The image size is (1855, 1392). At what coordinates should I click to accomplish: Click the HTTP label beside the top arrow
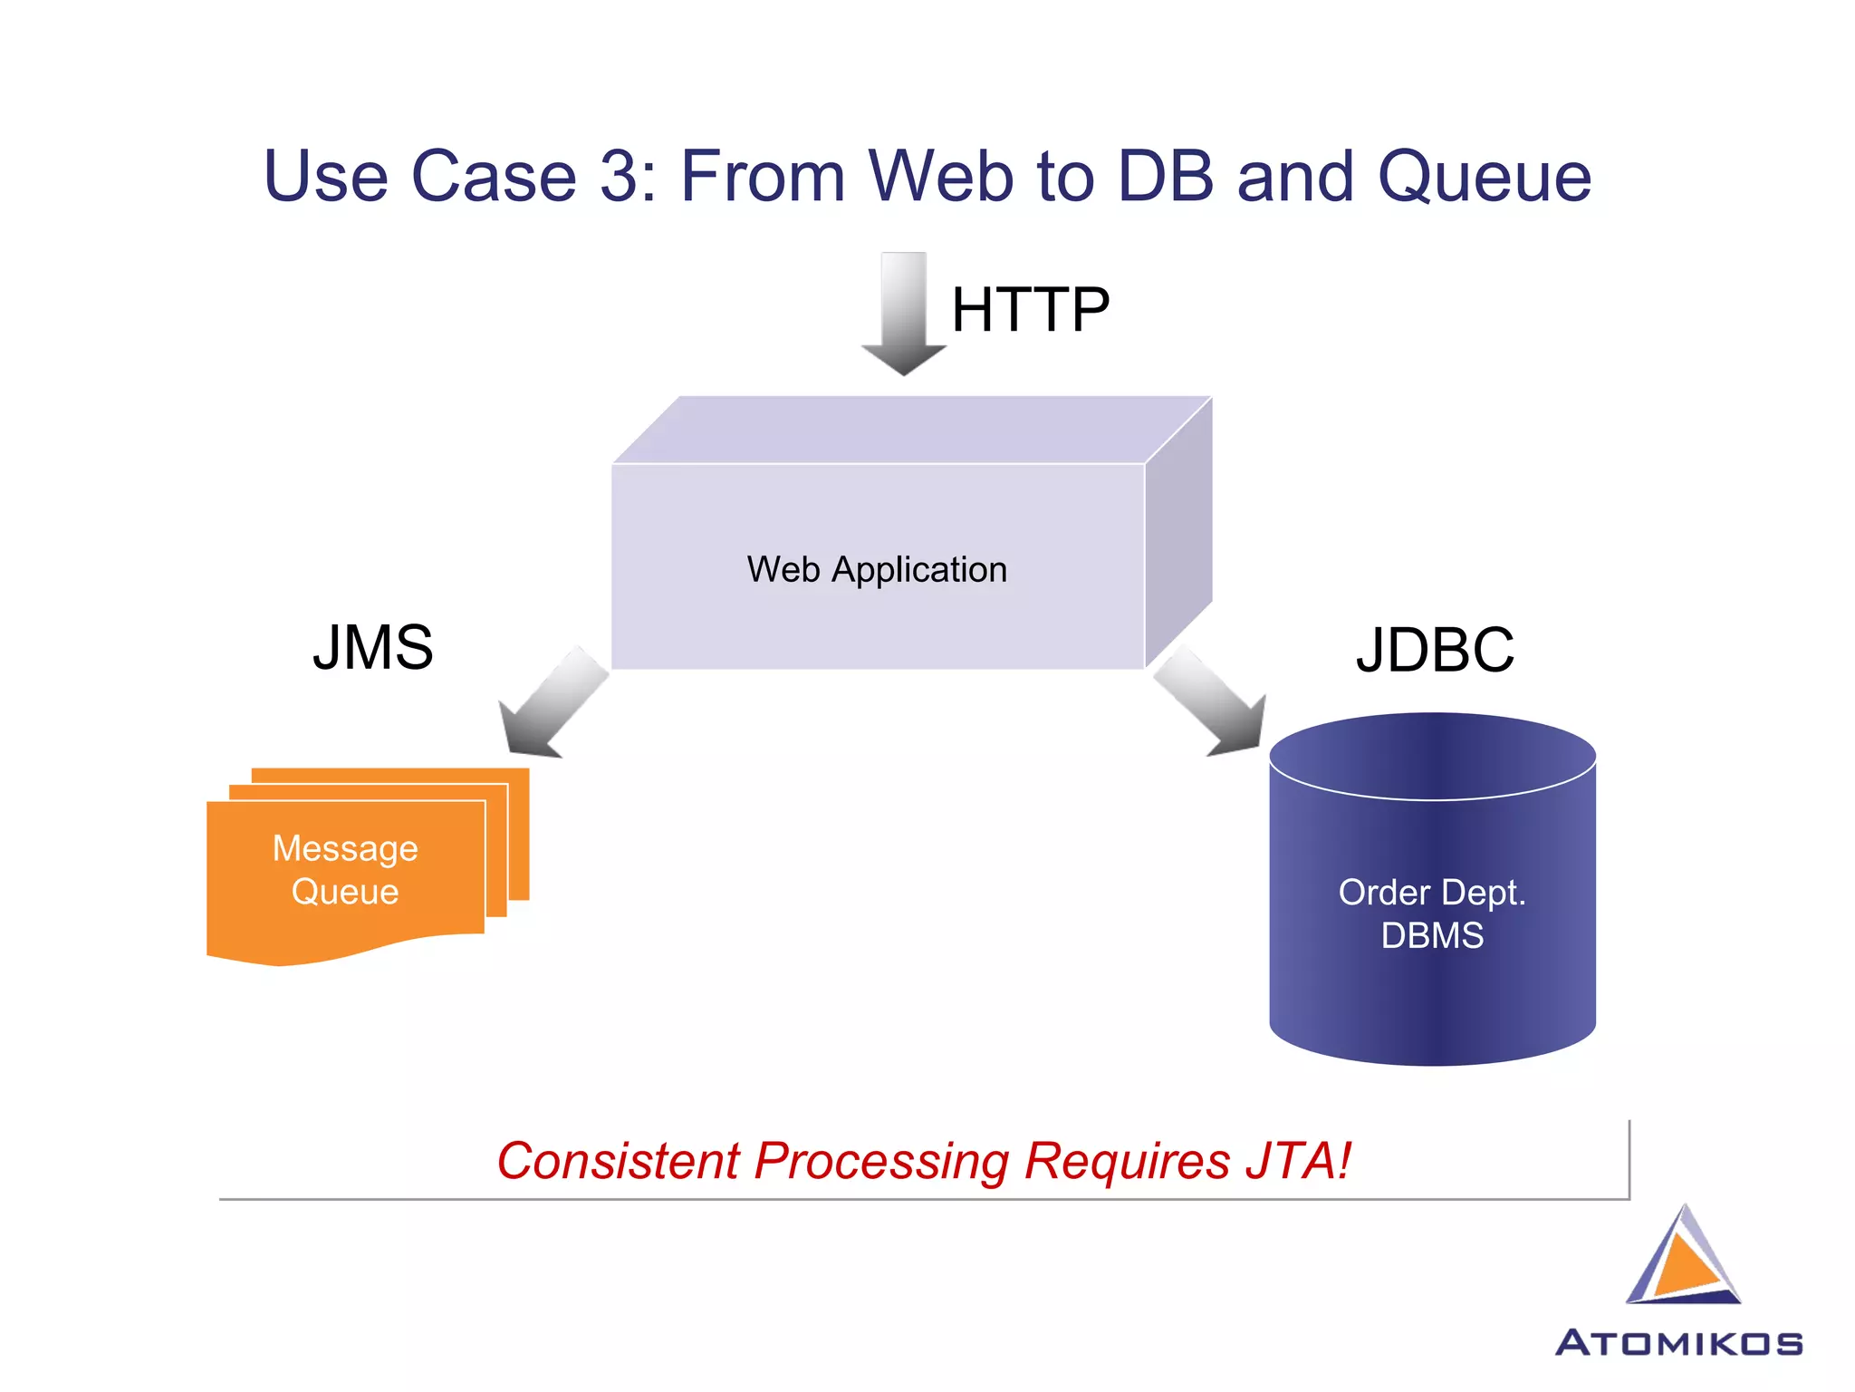[x=1030, y=310]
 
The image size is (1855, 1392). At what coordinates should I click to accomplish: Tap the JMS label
[x=372, y=648]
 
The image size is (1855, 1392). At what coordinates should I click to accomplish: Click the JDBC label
[x=1435, y=650]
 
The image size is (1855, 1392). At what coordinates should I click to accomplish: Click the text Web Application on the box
[x=877, y=569]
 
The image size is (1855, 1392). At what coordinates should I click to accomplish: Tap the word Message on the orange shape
[x=345, y=848]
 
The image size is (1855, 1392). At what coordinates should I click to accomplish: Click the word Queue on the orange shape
[x=345, y=892]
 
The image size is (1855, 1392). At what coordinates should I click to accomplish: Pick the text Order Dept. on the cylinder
[x=1432, y=893]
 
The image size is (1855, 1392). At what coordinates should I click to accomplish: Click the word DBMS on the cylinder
[x=1432, y=935]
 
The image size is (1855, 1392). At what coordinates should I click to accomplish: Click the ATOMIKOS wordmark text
[x=1678, y=1343]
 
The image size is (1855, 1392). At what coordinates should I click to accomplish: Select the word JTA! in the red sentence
[x=1298, y=1161]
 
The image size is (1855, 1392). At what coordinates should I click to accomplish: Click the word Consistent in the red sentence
[x=619, y=1161]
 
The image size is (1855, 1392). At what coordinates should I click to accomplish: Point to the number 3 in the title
[x=620, y=176]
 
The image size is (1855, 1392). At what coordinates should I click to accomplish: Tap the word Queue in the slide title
[x=1484, y=178]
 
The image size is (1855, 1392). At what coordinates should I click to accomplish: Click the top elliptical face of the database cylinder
[x=1432, y=755]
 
